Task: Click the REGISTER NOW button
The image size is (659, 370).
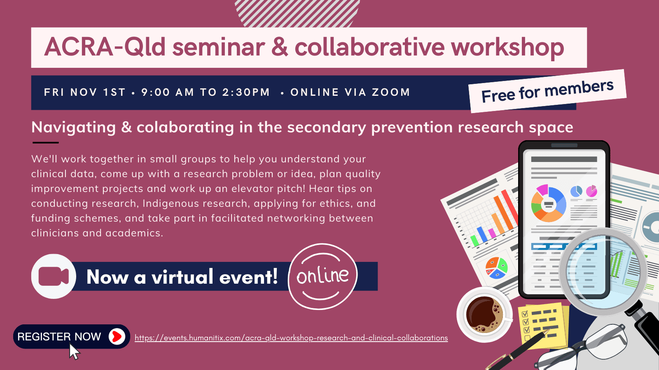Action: pyautogui.click(x=72, y=337)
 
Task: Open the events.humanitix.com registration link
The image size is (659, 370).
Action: pyautogui.click(x=291, y=338)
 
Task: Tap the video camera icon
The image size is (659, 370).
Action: pyautogui.click(x=54, y=276)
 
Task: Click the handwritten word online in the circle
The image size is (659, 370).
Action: pyautogui.click(x=323, y=275)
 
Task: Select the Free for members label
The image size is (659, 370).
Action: pyautogui.click(x=547, y=91)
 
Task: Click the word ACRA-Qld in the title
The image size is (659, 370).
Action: pyautogui.click(x=105, y=47)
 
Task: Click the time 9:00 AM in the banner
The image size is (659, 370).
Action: pyautogui.click(x=167, y=92)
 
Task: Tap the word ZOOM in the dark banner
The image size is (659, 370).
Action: pyautogui.click(x=391, y=92)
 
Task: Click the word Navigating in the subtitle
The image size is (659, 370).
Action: pyautogui.click(x=74, y=128)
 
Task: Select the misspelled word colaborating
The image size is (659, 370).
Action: pyautogui.click(x=185, y=128)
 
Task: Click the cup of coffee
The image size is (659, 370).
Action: pyautogui.click(x=484, y=314)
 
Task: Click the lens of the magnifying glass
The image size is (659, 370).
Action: pyautogui.click(x=603, y=271)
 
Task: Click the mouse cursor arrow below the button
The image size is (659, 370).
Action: pyautogui.click(x=75, y=351)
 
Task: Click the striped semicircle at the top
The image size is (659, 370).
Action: pyautogui.click(x=297, y=14)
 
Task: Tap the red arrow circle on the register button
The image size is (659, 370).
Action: pyautogui.click(x=117, y=337)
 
